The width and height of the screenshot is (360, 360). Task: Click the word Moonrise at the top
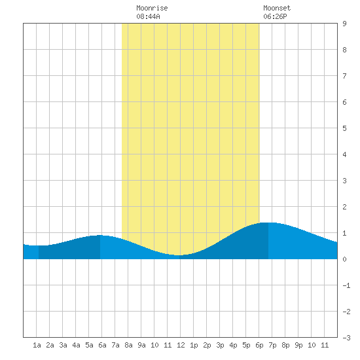[152, 8]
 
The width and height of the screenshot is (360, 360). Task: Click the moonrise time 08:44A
[148, 16]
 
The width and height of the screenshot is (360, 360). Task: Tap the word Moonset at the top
[277, 8]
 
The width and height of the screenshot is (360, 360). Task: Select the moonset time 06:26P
[275, 16]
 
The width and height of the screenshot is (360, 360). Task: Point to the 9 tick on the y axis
[344, 24]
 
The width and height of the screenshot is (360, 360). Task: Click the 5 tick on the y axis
[344, 128]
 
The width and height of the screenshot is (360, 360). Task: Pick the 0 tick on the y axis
[344, 259]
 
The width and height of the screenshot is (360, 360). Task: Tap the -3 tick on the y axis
[346, 338]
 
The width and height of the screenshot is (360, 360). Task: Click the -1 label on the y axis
[346, 285]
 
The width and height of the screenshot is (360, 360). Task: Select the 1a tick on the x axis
[37, 345]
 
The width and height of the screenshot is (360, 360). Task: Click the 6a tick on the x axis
[102, 345]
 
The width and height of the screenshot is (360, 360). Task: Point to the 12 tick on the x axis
[181, 345]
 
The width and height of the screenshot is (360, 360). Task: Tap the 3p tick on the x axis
[220, 345]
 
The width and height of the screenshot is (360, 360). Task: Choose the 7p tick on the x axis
[272, 345]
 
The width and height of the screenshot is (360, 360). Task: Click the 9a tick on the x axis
[141, 345]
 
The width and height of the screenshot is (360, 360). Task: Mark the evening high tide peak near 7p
[268, 223]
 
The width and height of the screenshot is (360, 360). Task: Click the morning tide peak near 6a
[100, 235]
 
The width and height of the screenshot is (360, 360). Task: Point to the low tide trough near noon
[179, 255]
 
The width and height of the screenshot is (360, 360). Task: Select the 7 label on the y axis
[344, 76]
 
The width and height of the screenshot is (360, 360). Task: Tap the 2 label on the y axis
[344, 207]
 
